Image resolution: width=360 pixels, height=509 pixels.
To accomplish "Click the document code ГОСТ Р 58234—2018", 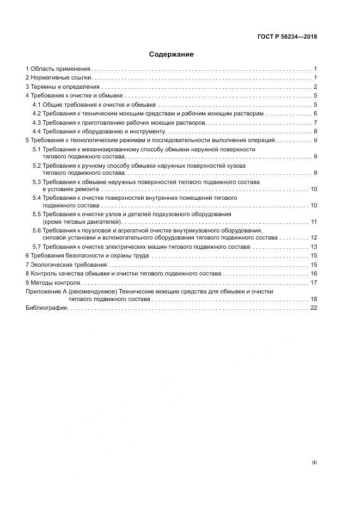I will [287, 37].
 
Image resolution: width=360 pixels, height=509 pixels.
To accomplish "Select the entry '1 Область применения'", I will [58, 69].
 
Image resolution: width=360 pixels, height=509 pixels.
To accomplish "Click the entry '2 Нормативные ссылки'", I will [58, 78].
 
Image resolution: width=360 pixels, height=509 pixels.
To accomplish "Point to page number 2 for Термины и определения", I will [315, 87].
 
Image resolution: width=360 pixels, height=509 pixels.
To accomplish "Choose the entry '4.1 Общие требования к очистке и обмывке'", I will [94, 105].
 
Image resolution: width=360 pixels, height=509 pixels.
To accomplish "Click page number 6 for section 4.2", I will [315, 114].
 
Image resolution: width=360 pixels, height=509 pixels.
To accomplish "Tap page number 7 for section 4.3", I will [315, 122].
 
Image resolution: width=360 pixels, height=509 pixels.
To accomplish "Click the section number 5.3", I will [36, 181].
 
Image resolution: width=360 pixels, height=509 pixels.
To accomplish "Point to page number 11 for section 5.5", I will [314, 222].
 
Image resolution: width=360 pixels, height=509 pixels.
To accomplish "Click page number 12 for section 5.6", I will [314, 238].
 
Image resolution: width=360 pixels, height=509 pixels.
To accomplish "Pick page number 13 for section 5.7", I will [314, 247].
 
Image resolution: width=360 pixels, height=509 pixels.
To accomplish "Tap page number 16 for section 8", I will [314, 273].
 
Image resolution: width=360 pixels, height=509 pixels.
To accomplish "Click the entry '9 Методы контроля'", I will [53, 283].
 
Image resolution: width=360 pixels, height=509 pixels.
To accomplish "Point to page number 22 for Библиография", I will [314, 308].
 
